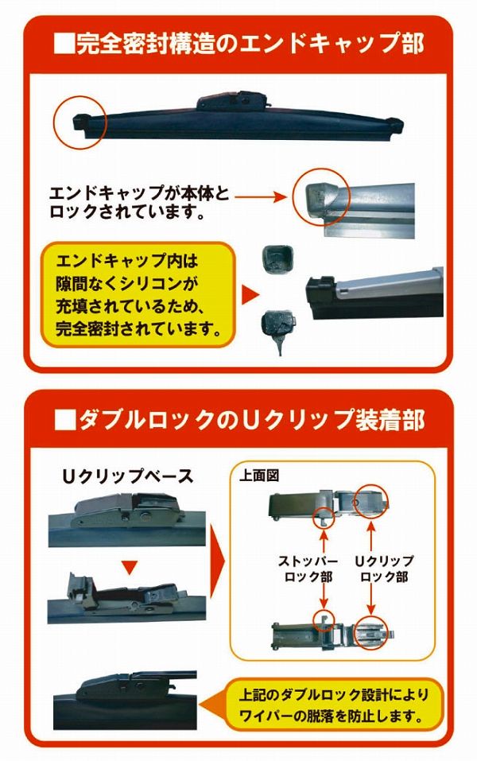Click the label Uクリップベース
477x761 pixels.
[x=128, y=476]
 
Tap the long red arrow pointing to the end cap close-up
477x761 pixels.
[x=260, y=192]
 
